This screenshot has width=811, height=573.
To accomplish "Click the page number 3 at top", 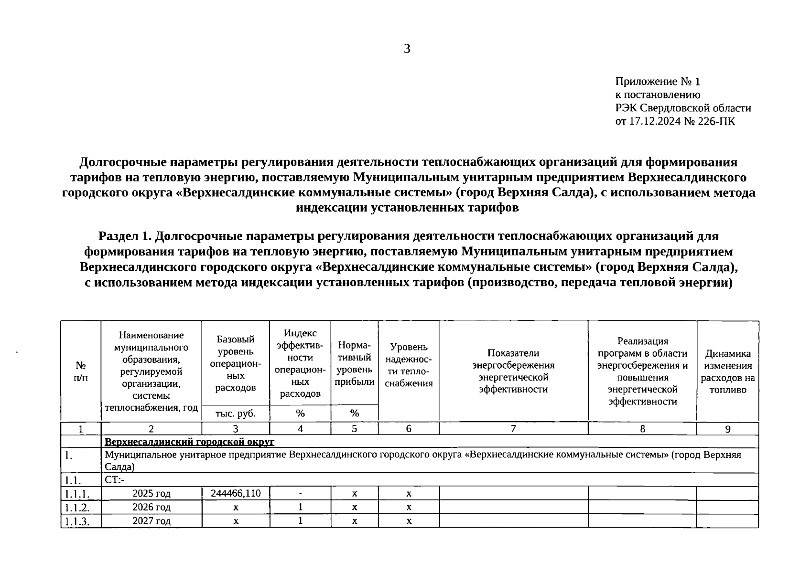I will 407,49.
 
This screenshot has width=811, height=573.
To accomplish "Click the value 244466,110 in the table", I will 236,493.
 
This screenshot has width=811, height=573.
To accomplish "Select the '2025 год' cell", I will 151,493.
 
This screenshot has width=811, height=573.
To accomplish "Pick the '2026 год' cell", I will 151,507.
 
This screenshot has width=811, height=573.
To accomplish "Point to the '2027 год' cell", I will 151,521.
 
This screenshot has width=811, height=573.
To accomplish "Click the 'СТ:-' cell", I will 114,480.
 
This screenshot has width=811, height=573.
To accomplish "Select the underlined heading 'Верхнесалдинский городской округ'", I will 189,442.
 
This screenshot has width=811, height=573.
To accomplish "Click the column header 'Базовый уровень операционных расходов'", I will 236,363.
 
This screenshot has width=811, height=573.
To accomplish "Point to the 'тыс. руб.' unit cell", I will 236,414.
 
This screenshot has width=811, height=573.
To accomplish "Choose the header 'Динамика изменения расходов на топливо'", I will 727,371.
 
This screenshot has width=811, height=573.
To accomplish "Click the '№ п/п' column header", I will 81,371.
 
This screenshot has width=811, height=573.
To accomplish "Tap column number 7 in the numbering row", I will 513,429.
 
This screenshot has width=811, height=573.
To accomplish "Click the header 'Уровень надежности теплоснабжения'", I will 409,365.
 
